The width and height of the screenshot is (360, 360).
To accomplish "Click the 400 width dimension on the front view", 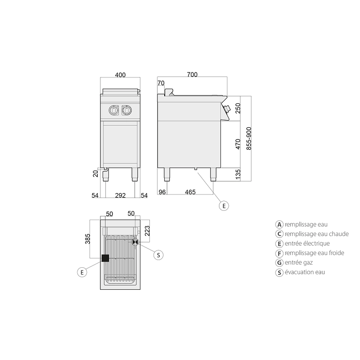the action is [x=120, y=75].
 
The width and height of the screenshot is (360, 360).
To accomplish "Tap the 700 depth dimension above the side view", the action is [x=192, y=75].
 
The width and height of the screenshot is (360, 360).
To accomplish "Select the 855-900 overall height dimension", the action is [x=249, y=139].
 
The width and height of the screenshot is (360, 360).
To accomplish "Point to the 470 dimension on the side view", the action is [x=238, y=144].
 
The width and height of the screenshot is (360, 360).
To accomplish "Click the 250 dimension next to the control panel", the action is [x=238, y=108].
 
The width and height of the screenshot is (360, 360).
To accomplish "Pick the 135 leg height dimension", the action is [x=238, y=174].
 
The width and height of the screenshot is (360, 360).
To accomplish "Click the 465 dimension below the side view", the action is [x=190, y=192].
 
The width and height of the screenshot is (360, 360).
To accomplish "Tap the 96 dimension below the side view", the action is [x=162, y=192].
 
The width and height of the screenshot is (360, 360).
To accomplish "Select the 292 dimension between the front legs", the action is [x=120, y=195].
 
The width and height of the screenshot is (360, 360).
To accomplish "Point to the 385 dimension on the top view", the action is [x=87, y=239].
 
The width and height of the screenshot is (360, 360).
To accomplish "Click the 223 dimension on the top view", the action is [x=147, y=231].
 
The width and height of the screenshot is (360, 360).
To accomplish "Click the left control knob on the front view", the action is [x=114, y=110].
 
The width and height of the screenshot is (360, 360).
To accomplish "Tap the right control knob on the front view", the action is [x=126, y=110].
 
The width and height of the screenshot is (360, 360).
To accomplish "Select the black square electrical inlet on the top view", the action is [x=105, y=258].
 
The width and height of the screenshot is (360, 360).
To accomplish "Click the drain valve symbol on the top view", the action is [x=135, y=242].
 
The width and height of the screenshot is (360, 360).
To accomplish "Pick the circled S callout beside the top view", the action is [x=158, y=255].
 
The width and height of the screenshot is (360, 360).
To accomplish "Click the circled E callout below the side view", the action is [x=224, y=206].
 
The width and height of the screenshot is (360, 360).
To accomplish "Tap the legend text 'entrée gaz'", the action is [x=299, y=262].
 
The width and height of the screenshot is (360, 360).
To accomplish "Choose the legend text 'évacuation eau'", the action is [x=305, y=272].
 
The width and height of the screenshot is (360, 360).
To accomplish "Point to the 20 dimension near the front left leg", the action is [x=95, y=174].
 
